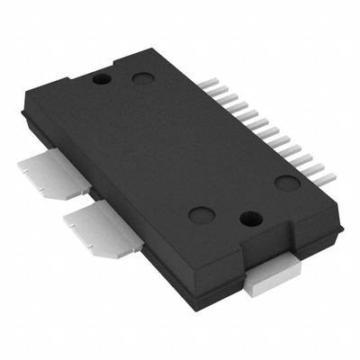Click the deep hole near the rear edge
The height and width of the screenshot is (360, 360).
[x=103, y=79]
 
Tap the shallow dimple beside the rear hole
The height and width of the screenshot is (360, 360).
[x=142, y=79]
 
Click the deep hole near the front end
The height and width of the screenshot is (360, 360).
[x=252, y=218]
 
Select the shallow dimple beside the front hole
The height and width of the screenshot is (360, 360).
[x=200, y=215]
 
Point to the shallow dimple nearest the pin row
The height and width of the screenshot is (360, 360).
[x=287, y=184]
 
